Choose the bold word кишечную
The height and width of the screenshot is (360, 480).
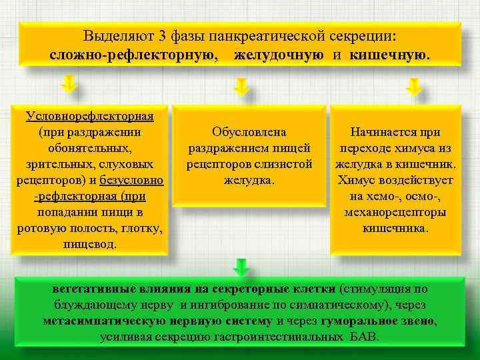tap(391, 54)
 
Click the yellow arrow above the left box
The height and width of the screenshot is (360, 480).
tap(69, 85)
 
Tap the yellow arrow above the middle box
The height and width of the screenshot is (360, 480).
tap(241, 86)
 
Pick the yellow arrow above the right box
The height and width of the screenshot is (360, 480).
tap(414, 86)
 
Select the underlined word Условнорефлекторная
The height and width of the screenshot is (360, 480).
tap(90, 116)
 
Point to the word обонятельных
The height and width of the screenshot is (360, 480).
tap(89, 148)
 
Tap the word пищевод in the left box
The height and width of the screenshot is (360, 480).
tap(89, 244)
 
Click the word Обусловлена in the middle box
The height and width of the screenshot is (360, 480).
tap(249, 132)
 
